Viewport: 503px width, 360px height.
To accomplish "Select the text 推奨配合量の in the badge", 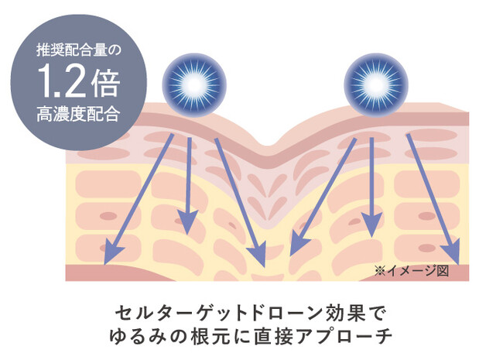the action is click(78, 50).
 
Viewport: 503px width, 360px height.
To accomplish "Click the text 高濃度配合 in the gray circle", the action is click(78, 114).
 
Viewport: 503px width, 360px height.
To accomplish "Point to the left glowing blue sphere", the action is click(194, 85).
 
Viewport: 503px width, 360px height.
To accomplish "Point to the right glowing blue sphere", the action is click(376, 85).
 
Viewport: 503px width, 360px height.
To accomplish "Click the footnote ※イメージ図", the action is click(412, 271).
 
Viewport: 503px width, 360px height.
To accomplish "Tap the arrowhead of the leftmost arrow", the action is click(112, 253).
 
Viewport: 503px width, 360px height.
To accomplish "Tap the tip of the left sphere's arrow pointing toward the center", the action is click(265, 267).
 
